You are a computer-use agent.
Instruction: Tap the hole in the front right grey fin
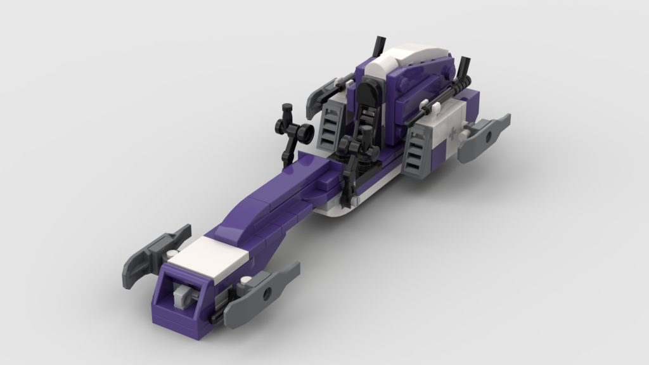pyautogui.click(x=266, y=291)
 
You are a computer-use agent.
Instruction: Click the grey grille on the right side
pyautogui.click(x=419, y=151)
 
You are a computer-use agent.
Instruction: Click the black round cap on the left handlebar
pyautogui.click(x=307, y=132)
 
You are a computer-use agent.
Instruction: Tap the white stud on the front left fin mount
pyautogui.click(x=172, y=255)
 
